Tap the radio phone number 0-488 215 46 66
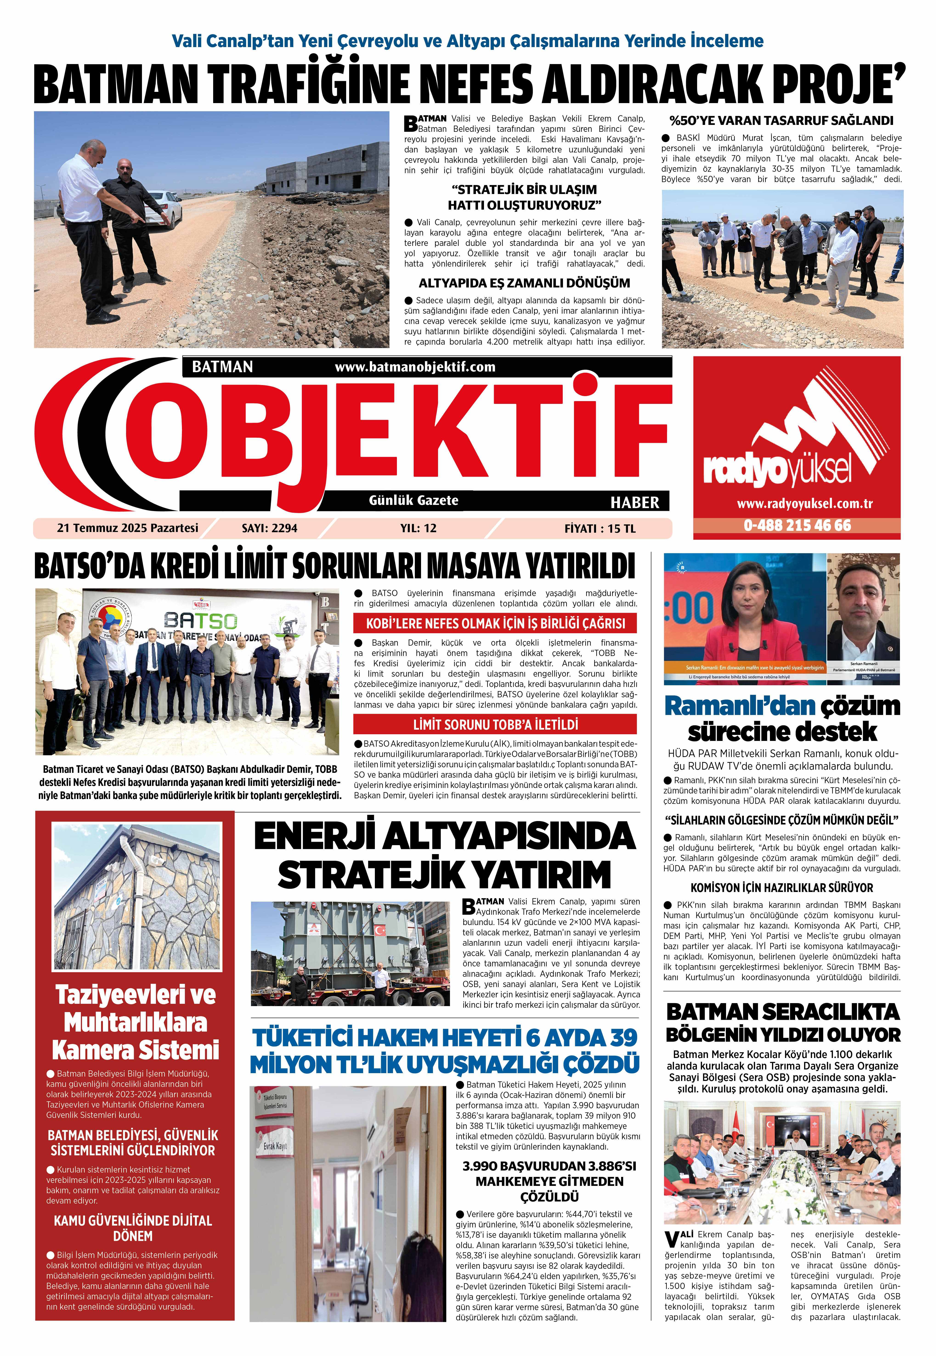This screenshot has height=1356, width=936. [797, 525]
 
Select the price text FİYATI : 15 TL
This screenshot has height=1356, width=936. [599, 529]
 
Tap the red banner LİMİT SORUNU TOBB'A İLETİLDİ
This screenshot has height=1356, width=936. [495, 725]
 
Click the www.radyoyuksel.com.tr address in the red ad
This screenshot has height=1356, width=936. [797, 504]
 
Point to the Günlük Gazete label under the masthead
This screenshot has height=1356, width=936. [413, 500]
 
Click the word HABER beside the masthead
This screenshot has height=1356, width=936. [635, 502]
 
